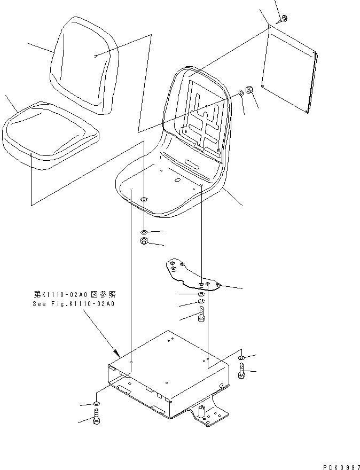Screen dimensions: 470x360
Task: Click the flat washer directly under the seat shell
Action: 145,232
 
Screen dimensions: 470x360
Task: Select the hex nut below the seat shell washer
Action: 144,242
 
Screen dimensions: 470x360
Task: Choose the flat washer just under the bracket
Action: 200,295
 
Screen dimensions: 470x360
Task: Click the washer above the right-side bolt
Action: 241,357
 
